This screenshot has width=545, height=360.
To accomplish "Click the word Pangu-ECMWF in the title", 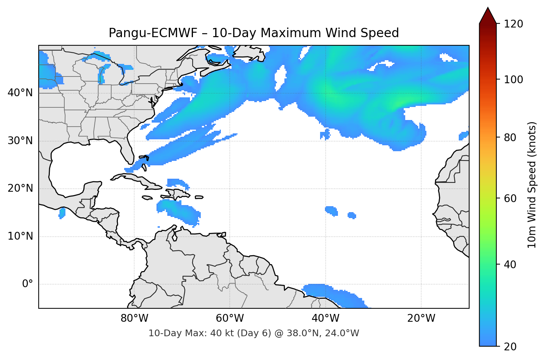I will [x=153, y=33].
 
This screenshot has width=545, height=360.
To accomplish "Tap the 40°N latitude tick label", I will [x=20, y=93].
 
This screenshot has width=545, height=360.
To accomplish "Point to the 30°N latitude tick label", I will [x=20, y=141].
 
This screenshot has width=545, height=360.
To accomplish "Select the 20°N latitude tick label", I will [x=20, y=188].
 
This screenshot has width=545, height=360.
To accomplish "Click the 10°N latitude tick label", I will [x=20, y=236].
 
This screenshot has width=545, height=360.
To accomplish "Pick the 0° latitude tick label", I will [x=28, y=284].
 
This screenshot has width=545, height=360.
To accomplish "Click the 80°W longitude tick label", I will [x=134, y=318].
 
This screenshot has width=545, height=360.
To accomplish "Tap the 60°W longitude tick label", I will [x=230, y=318].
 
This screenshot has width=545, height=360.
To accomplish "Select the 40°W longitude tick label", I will [x=325, y=318].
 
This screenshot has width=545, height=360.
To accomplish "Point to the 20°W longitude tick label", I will [x=421, y=318].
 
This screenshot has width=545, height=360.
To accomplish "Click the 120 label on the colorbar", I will [x=513, y=24].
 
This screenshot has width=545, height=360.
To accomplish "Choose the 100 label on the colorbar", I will [x=513, y=80].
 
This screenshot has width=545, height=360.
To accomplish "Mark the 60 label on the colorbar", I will [x=510, y=198].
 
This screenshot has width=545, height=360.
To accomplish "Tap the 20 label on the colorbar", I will [x=510, y=347].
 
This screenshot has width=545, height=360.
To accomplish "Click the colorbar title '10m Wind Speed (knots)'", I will [x=532, y=185].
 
